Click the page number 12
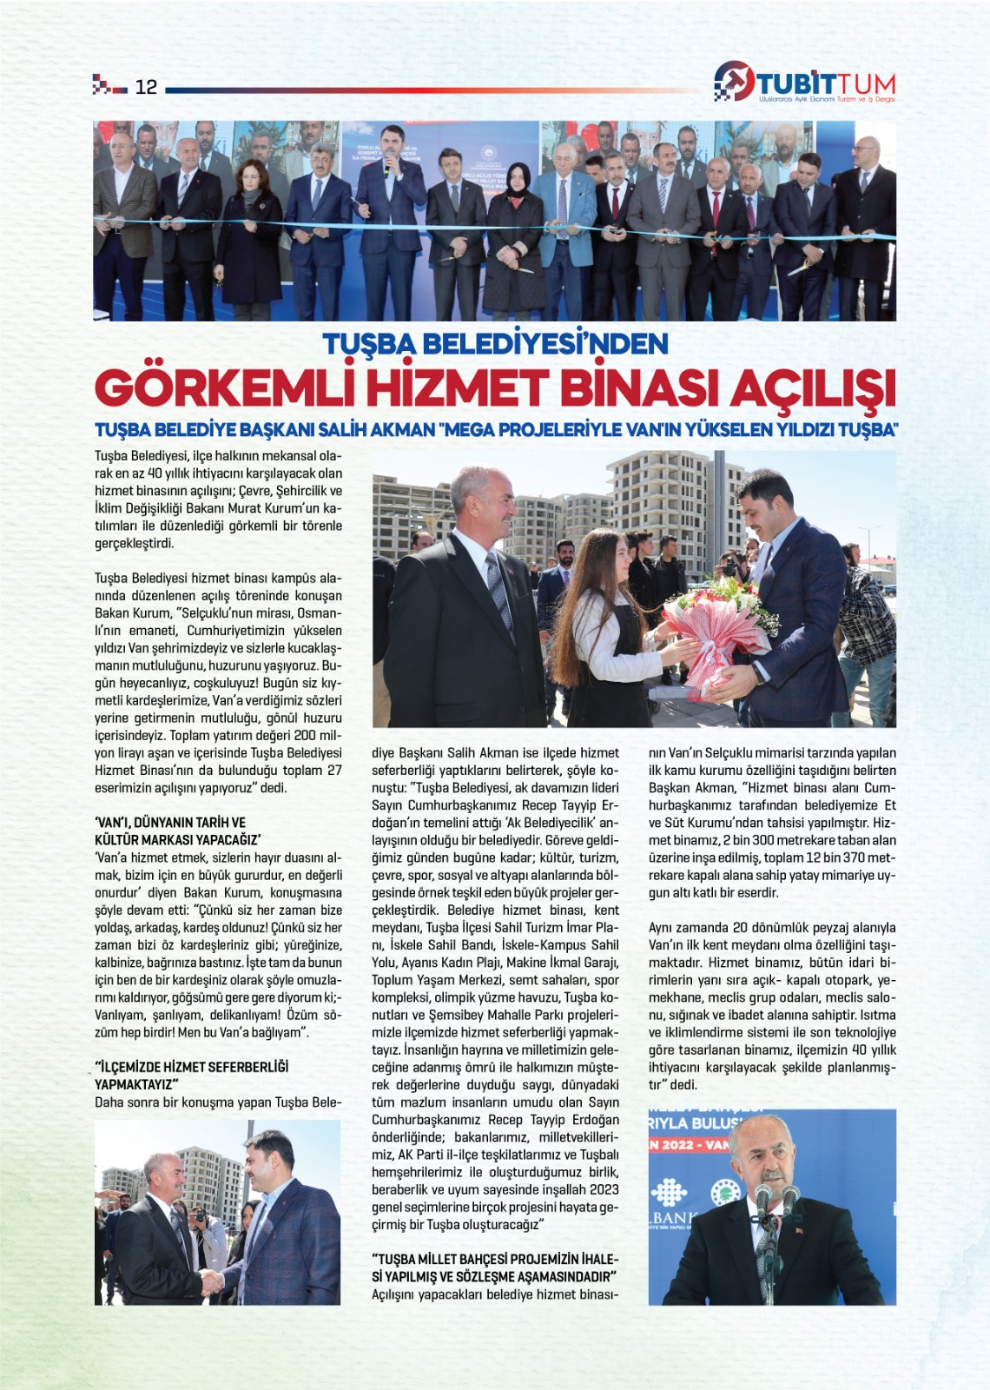tap(146, 87)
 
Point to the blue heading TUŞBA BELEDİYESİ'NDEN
tap(495, 344)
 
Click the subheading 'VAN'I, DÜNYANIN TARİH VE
tap(170, 822)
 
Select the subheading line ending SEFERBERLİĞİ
tap(192, 1067)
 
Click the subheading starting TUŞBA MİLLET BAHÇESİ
tap(495, 1259)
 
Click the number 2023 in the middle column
tap(604, 1189)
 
